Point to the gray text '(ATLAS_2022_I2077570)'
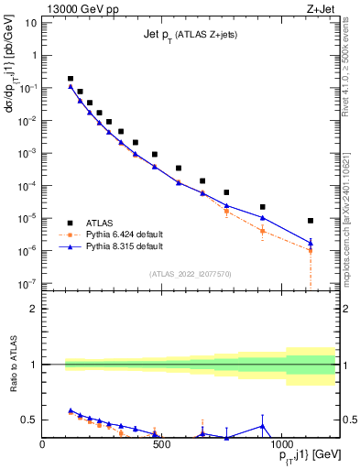(190, 273)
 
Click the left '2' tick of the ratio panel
(33, 309)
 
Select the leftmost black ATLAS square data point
(71, 79)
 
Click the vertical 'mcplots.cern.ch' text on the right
(350, 192)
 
